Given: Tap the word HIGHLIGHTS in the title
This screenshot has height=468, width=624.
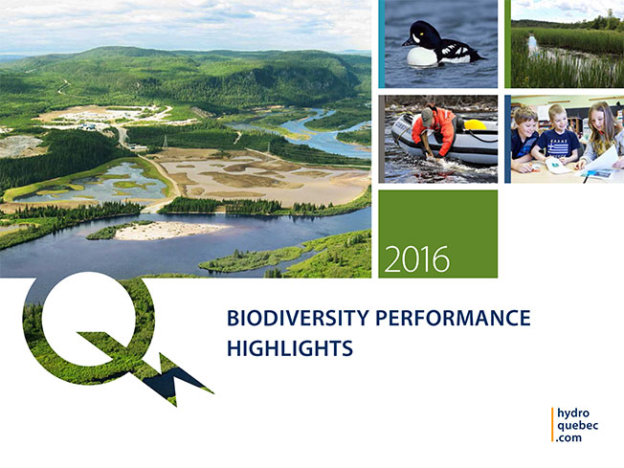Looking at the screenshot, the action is point(290,348).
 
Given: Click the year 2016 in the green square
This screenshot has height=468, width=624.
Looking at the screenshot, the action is point(417,259).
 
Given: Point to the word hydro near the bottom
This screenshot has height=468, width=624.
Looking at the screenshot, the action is point(573,413).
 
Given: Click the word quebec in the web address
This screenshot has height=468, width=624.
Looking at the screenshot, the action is point(577,426).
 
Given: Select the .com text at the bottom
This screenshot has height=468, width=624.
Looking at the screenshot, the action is point(569,437).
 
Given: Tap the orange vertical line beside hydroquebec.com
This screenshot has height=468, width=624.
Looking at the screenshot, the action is point(552,425).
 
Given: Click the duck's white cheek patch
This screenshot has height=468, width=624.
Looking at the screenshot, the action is point(416,38).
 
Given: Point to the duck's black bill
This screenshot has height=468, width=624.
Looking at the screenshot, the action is point(408,41).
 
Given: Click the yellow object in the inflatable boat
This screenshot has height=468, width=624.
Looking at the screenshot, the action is point(475,125).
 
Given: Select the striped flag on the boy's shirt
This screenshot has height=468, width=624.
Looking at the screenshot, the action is point(559,148).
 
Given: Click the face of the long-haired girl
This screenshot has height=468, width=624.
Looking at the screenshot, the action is point(600,119).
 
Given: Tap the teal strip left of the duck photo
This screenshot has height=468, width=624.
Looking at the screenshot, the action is point(382,44).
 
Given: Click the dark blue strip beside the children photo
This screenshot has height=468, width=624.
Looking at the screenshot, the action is point(508,139).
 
